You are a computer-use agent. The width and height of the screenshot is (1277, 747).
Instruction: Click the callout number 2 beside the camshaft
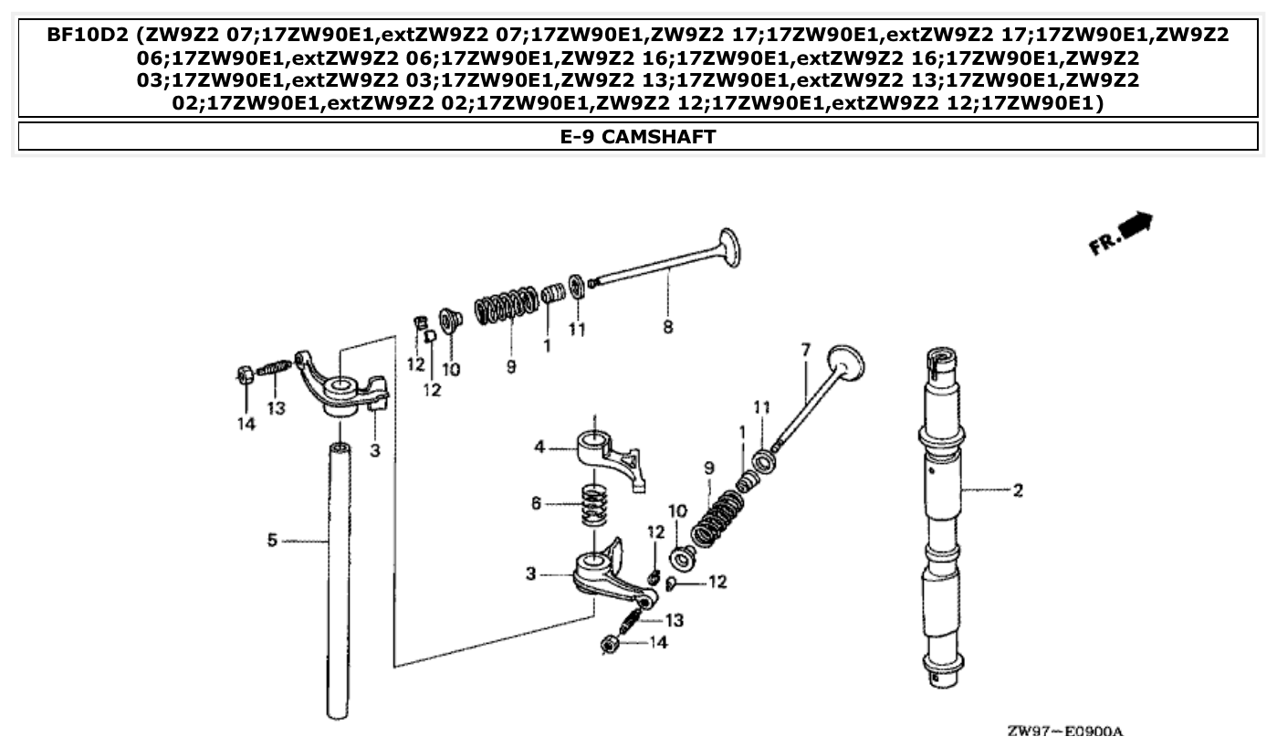[x=1017, y=491]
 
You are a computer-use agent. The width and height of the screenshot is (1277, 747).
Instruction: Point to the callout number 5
[x=271, y=542]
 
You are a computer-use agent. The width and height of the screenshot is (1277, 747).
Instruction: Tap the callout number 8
[x=668, y=326]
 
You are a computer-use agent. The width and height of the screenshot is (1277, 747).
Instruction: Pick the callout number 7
[x=805, y=350]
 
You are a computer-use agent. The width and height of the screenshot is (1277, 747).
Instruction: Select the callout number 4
[x=539, y=447]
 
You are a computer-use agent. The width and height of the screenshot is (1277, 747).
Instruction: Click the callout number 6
[x=537, y=503]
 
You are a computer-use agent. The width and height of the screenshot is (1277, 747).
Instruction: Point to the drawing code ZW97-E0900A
[x=1064, y=731]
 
